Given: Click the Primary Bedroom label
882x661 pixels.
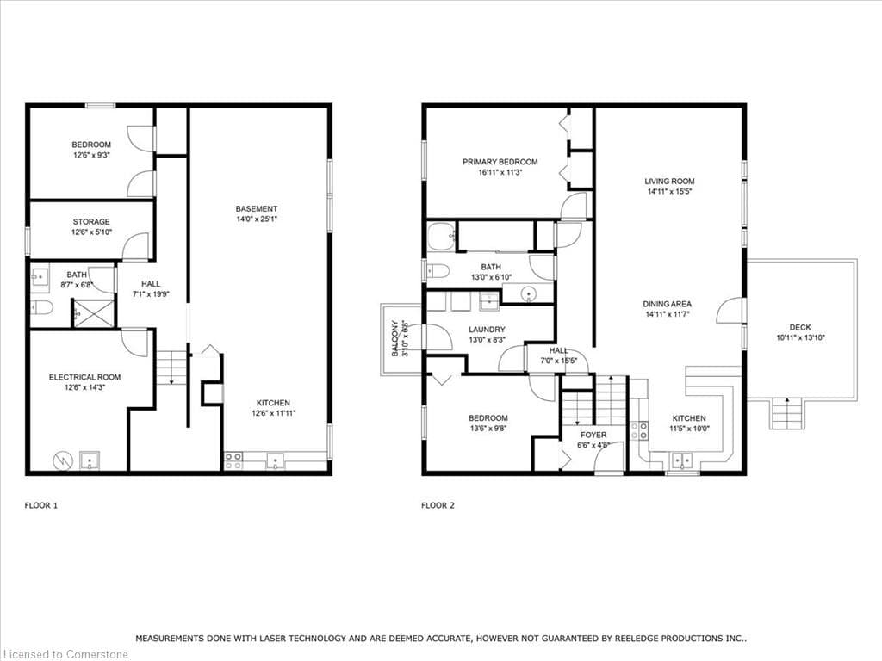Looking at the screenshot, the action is pyautogui.click(x=500, y=162).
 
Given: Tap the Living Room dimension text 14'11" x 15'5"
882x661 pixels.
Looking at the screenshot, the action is pyautogui.click(x=669, y=192).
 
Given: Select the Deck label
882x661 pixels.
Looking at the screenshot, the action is pyautogui.click(x=800, y=327).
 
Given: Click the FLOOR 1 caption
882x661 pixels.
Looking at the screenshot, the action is pyautogui.click(x=41, y=505).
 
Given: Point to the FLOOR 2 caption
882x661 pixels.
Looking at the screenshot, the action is pyautogui.click(x=438, y=505).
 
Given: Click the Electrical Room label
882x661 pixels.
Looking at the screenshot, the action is pyautogui.click(x=85, y=377).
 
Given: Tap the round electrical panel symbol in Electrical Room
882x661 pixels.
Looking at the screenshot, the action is pyautogui.click(x=62, y=461).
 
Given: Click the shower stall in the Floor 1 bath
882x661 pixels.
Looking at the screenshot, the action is pyautogui.click(x=94, y=313).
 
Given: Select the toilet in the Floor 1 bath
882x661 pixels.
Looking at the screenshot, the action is pyautogui.click(x=41, y=307).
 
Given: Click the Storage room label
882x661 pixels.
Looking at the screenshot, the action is pyautogui.click(x=91, y=222).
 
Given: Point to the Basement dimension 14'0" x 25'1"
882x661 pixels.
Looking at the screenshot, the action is pyautogui.click(x=257, y=219).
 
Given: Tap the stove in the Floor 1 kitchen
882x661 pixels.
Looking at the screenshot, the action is pyautogui.click(x=233, y=461).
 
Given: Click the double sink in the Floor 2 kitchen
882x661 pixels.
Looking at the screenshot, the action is pyautogui.click(x=683, y=461).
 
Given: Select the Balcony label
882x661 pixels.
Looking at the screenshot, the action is pyautogui.click(x=394, y=338).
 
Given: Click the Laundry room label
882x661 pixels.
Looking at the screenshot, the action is pyautogui.click(x=488, y=330).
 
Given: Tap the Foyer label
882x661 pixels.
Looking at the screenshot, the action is pyautogui.click(x=593, y=435).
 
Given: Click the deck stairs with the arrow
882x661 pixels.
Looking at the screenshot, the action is pyautogui.click(x=787, y=413).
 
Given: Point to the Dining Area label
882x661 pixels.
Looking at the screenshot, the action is pyautogui.click(x=668, y=304).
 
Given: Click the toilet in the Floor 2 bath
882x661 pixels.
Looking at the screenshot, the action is pyautogui.click(x=438, y=272).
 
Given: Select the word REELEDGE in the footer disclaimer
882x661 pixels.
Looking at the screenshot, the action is pyautogui.click(x=640, y=639).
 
